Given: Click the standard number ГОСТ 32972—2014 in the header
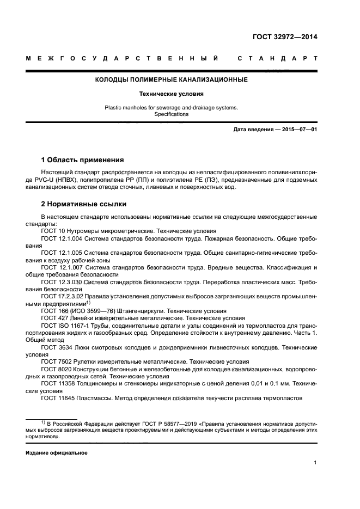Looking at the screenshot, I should [x=284, y=38].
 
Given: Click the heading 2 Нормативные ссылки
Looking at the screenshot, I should [x=84, y=204].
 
